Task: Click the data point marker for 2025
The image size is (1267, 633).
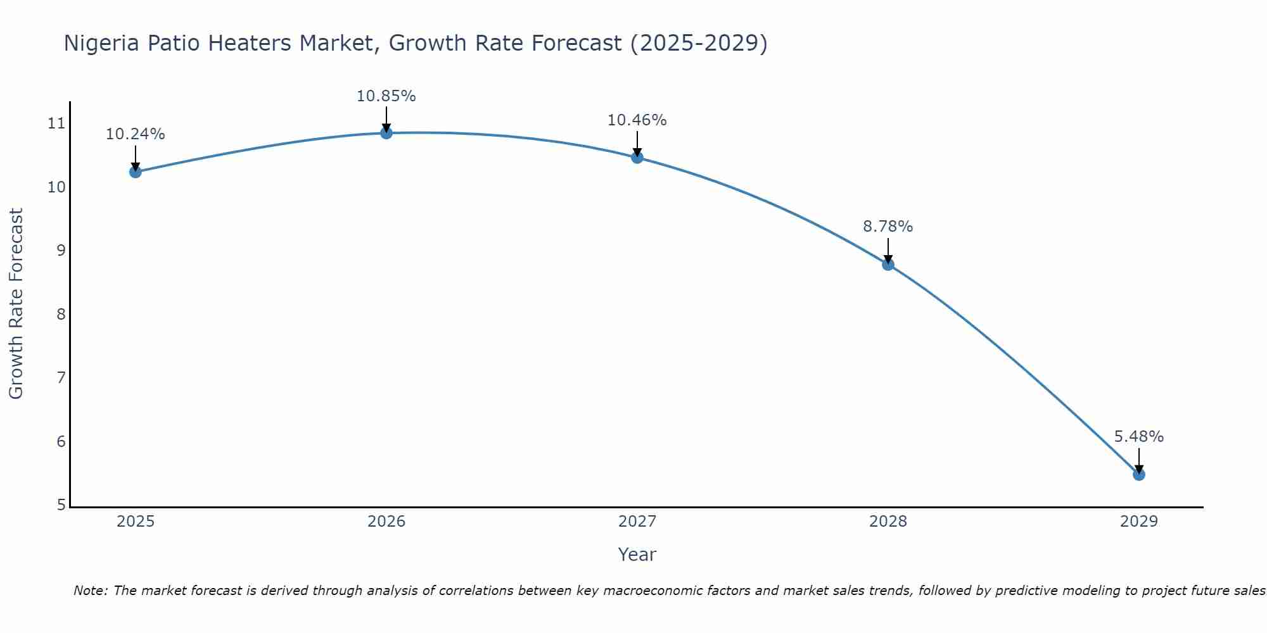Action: pos(135,172)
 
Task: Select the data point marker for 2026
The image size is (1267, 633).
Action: pos(386,132)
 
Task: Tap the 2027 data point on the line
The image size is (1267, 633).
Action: pos(637,157)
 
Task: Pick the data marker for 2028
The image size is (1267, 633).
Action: pos(888,264)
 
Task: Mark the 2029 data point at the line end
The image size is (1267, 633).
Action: pos(1138,474)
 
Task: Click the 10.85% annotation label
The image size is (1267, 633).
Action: pos(386,96)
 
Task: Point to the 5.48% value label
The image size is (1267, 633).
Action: pos(1138,437)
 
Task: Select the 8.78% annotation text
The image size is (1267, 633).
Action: pos(888,227)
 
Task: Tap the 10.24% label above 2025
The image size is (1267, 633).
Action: pos(135,134)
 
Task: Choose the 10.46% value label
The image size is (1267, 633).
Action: pos(637,120)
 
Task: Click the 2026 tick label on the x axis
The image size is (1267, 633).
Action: pos(386,522)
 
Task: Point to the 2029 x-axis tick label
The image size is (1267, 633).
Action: pos(1138,522)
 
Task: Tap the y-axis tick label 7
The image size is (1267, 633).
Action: pos(61,378)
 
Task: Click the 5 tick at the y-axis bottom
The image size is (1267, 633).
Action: pos(61,505)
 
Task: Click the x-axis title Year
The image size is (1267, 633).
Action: pos(637,555)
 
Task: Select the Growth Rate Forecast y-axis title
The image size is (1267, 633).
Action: pos(16,304)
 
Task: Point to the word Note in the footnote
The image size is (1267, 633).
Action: pos(91,591)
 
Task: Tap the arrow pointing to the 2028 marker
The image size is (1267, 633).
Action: pos(888,251)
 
